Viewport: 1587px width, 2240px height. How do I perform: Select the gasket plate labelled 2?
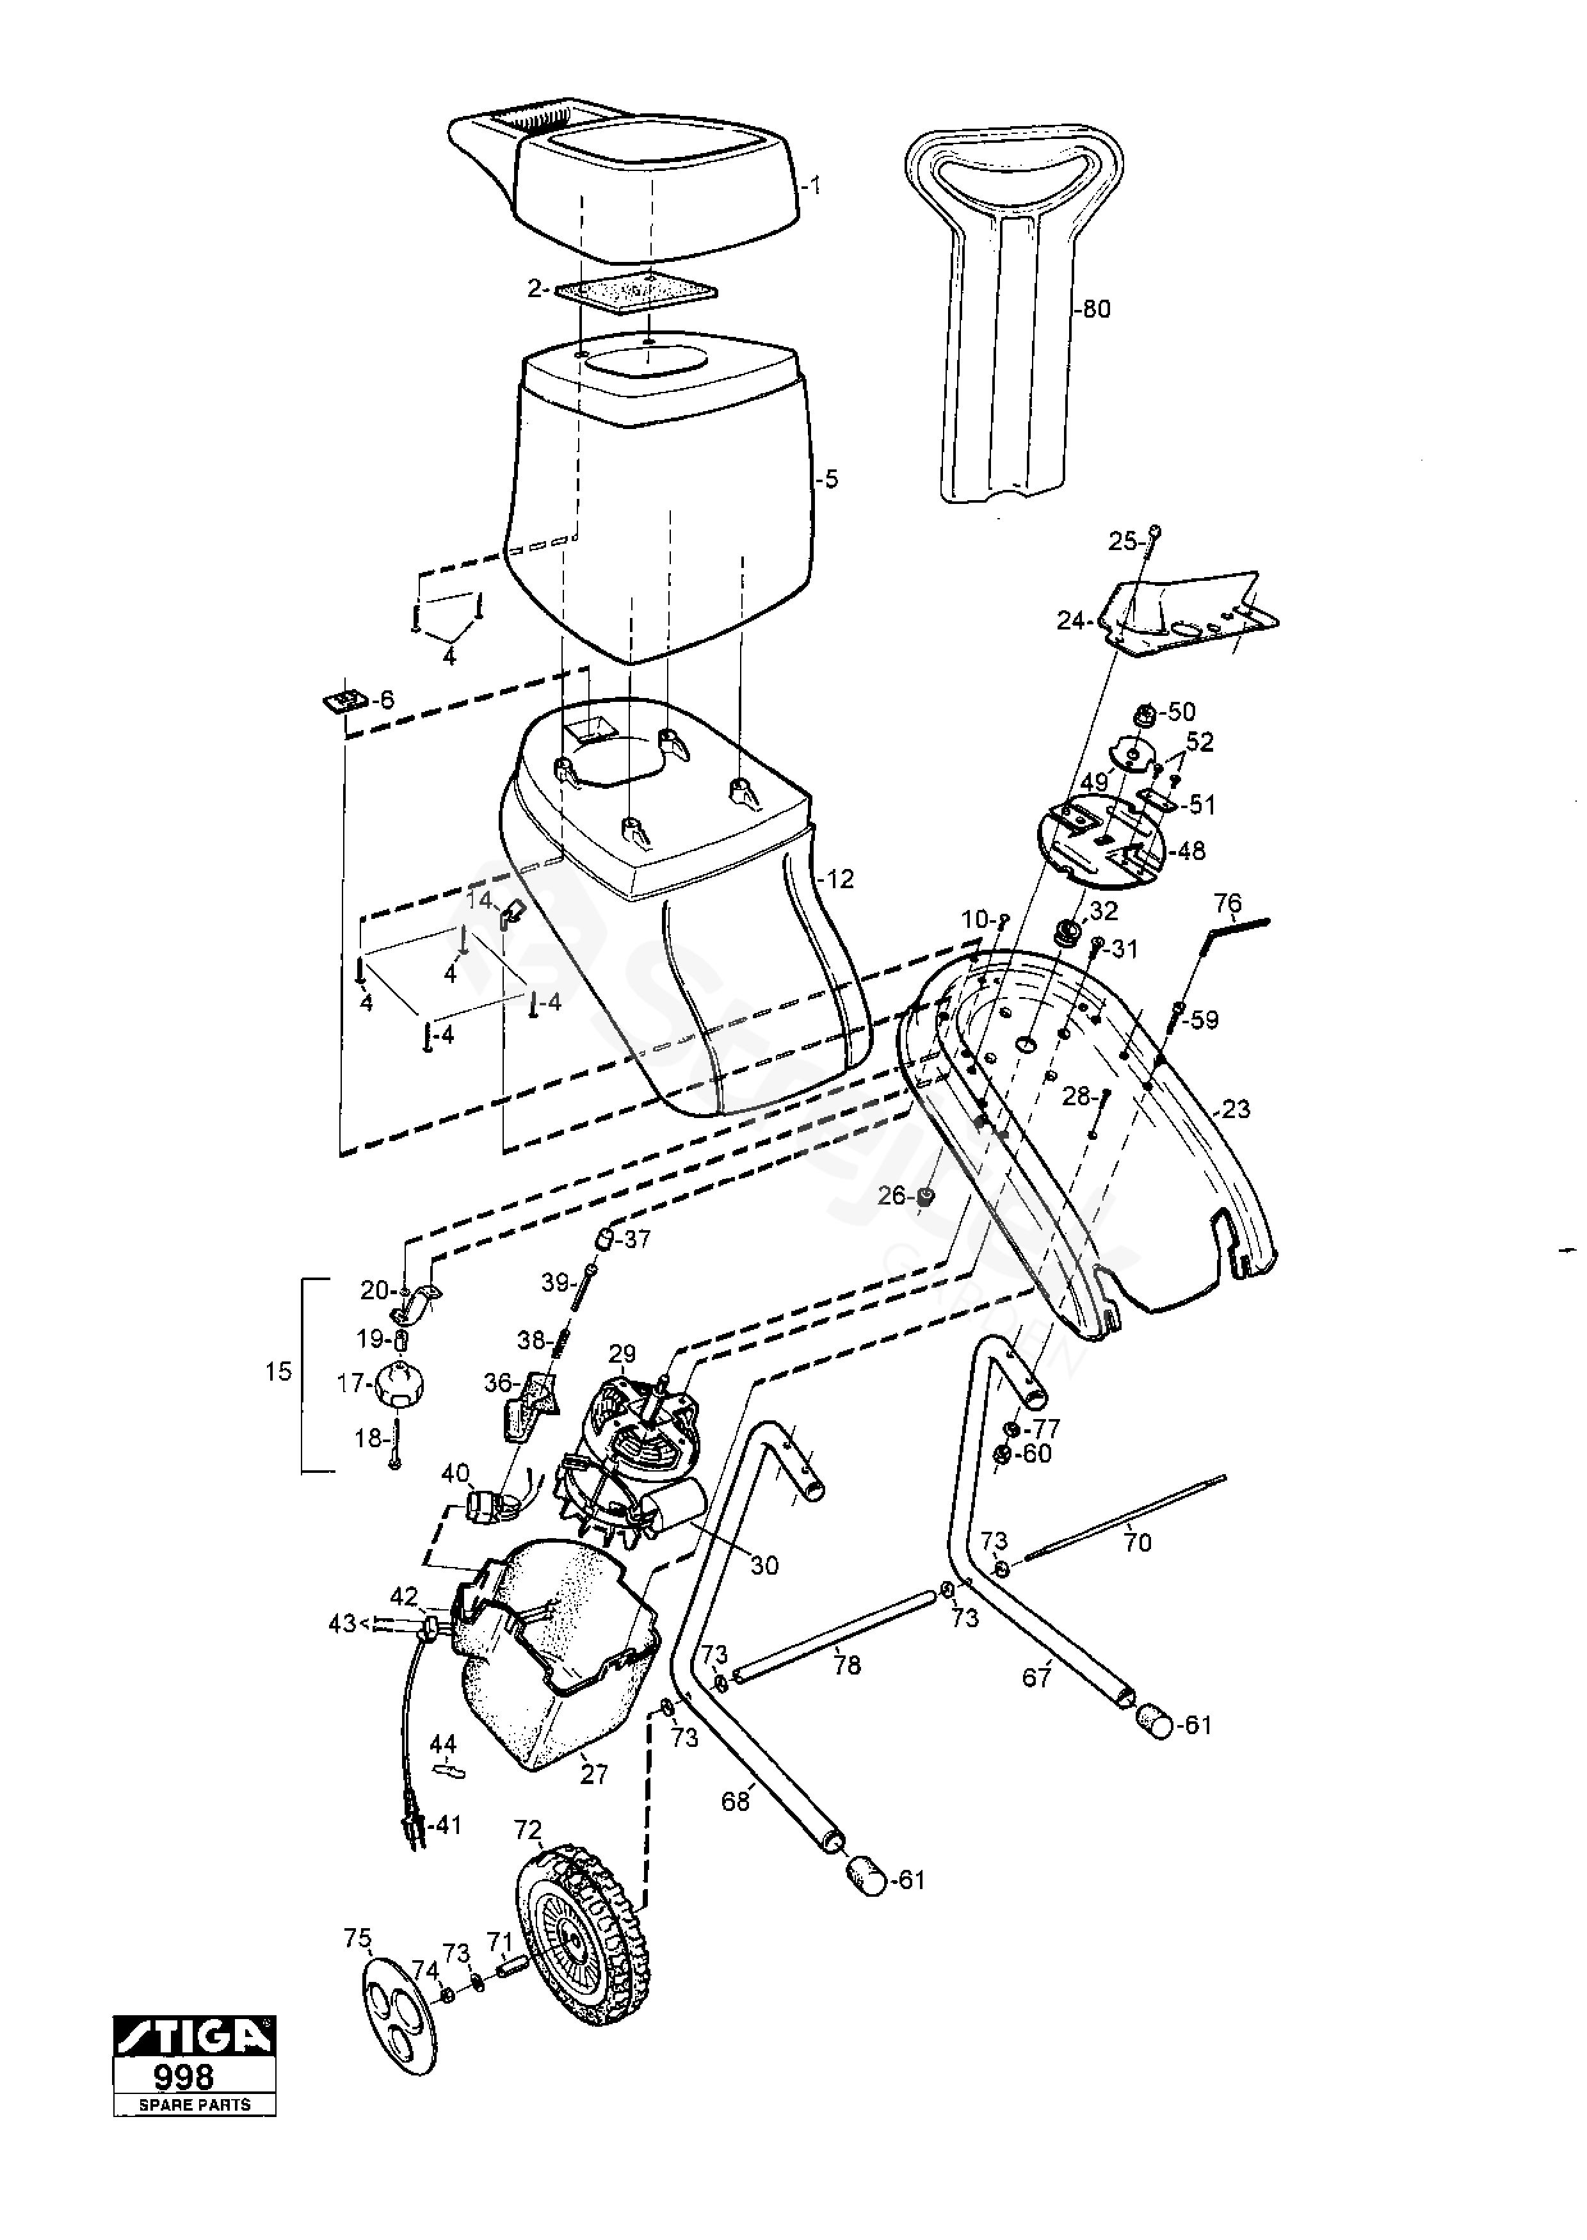pyautogui.click(x=635, y=293)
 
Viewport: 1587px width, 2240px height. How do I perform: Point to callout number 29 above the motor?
pyautogui.click(x=622, y=1354)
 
